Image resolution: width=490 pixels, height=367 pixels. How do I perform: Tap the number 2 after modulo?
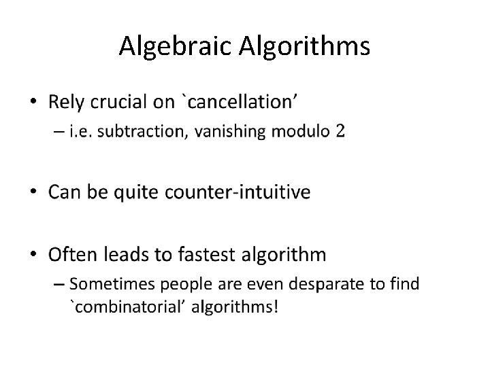tap(339, 131)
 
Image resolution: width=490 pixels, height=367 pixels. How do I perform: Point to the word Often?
tap(71, 255)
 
